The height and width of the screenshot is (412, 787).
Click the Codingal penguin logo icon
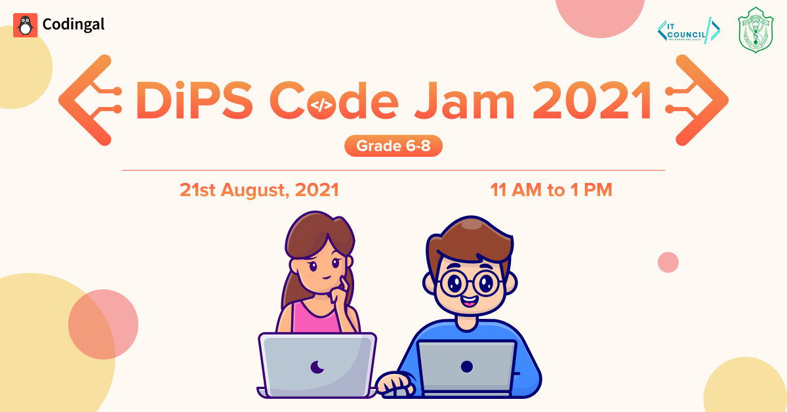pyautogui.click(x=25, y=25)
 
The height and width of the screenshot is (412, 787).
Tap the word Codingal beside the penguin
pyautogui.click(x=73, y=25)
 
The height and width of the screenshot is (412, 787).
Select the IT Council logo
pyautogui.click(x=689, y=30)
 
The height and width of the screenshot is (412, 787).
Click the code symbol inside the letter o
pyautogui.click(x=321, y=104)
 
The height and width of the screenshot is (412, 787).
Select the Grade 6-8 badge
pyautogui.click(x=393, y=146)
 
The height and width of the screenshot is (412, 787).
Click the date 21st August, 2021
pyautogui.click(x=259, y=190)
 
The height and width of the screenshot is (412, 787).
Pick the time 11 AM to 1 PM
pyautogui.click(x=551, y=190)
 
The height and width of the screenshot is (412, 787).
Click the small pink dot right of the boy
pyautogui.click(x=668, y=262)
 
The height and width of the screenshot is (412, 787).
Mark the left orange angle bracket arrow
pyautogui.click(x=85, y=100)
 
